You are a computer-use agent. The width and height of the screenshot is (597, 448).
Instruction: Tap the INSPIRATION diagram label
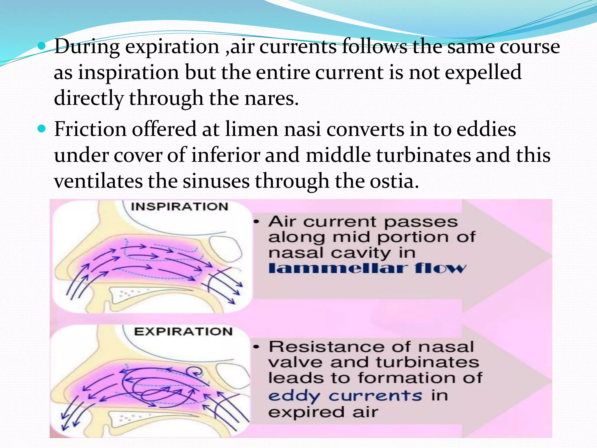point(180,207)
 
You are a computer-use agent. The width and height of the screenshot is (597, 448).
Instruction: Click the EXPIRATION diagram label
point(183,332)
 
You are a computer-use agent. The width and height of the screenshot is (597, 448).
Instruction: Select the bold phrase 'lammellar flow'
point(367,268)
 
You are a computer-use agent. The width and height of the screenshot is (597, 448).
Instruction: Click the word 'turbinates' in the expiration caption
point(427,363)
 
